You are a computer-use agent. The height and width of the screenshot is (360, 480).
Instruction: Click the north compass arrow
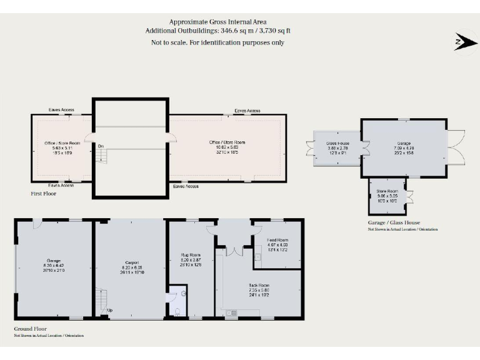[462, 41]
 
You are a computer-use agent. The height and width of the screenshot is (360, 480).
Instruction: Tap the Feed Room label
[277, 240]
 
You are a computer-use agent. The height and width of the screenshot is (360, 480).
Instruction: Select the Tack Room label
[258, 285]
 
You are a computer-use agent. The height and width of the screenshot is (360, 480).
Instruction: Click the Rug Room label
[191, 255]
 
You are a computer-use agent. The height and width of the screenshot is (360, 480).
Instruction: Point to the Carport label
[131, 262]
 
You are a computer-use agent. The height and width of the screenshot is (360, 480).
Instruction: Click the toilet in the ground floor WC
[177, 310]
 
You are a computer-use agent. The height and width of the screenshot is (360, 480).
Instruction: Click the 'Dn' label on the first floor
[100, 146]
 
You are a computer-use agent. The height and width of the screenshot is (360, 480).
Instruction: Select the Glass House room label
[337, 143]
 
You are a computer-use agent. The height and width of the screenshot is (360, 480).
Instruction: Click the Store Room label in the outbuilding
[387, 191]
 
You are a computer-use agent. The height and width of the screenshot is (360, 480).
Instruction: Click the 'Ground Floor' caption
[30, 329]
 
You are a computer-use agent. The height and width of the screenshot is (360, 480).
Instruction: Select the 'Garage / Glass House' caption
[394, 222]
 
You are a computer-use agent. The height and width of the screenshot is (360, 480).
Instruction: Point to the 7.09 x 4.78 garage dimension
[403, 147]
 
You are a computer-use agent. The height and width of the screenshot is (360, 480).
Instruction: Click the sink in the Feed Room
[258, 256]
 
